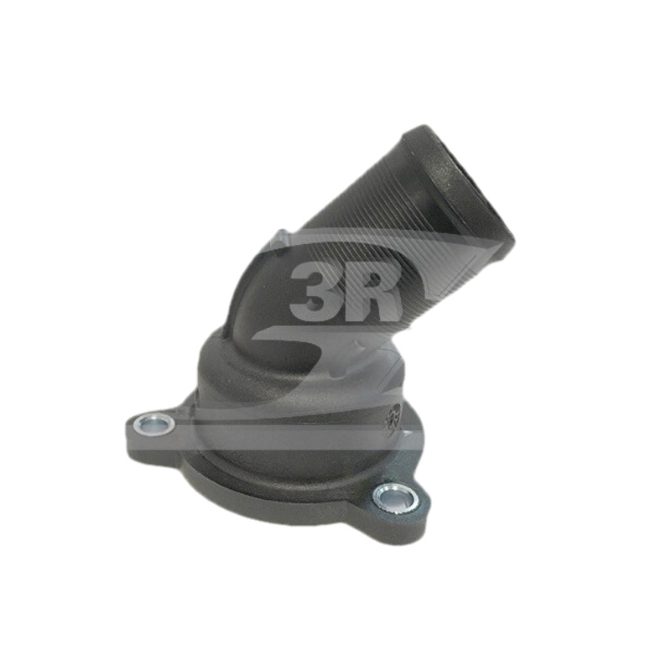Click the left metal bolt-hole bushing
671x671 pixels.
pos(154,425)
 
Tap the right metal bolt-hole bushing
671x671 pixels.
pos(396,497)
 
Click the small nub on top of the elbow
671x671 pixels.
pos(283,235)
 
